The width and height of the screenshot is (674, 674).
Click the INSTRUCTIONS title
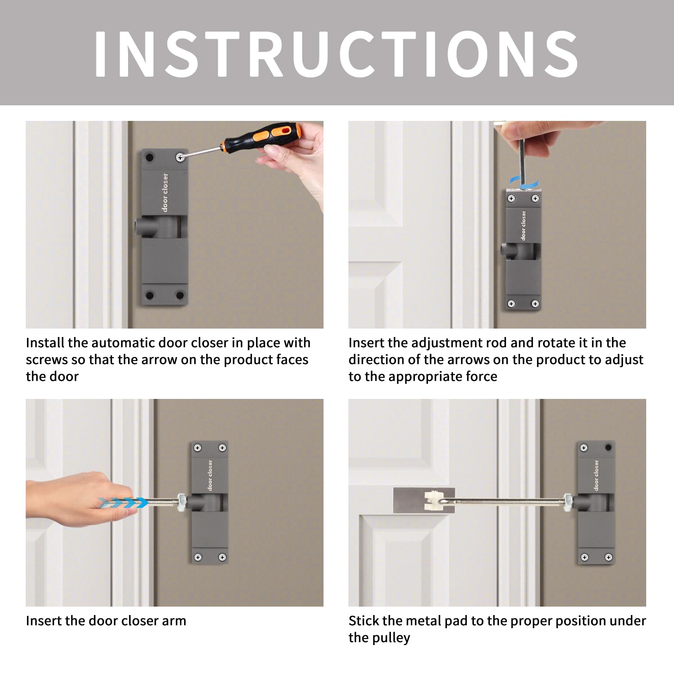[x=336, y=53]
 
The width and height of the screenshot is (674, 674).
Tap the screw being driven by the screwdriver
[x=180, y=158]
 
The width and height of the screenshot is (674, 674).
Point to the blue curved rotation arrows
[x=524, y=182]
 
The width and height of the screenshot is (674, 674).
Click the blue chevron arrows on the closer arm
[x=123, y=503]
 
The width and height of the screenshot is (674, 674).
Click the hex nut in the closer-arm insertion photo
[x=182, y=502]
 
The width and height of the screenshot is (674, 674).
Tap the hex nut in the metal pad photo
[x=568, y=501]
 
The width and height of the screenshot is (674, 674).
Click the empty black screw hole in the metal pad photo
[x=608, y=447]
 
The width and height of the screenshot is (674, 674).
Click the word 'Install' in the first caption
[x=45, y=343]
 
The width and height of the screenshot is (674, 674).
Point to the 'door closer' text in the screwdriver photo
[x=165, y=192]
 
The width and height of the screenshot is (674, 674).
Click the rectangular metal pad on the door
[x=424, y=500]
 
